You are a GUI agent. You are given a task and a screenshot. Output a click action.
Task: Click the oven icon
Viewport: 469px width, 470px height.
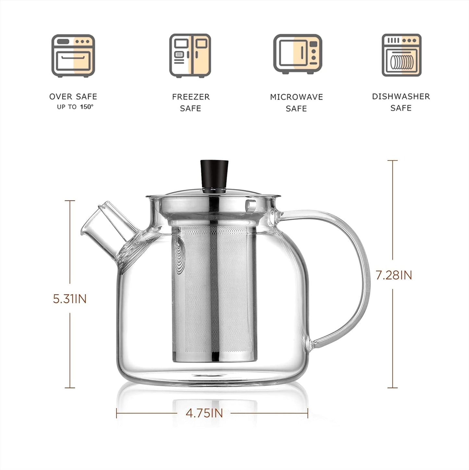pos(73,56)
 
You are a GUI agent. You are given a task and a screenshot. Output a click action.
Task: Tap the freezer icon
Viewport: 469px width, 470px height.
pos(190,56)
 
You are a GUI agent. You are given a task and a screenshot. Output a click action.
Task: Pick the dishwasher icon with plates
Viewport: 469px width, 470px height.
pos(401,55)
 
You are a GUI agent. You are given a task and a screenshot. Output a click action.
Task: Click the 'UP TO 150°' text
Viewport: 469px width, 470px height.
pos(75,107)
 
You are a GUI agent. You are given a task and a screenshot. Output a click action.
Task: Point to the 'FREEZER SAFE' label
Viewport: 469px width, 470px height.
pos(191,102)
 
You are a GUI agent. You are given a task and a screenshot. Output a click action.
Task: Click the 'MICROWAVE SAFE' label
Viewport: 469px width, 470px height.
pos(296,103)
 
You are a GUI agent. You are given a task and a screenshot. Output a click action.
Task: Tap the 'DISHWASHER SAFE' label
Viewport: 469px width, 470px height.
pos(401,102)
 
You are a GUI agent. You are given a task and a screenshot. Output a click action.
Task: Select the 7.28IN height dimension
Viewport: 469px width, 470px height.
pos(394,275)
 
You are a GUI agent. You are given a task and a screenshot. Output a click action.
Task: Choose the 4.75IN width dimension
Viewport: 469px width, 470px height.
pos(204,413)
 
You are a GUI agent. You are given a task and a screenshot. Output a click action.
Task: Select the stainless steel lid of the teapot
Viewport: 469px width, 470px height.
pos(214,194)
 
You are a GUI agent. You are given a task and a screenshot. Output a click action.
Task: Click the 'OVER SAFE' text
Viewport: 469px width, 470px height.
pos(73,96)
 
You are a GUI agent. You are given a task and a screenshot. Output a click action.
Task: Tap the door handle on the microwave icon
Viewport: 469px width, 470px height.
pos(302,53)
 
